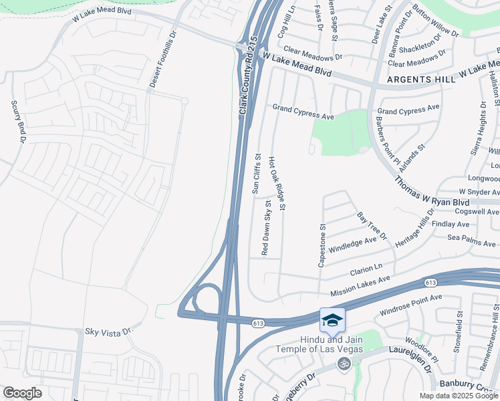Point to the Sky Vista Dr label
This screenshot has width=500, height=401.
110,331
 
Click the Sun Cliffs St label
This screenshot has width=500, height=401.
256,173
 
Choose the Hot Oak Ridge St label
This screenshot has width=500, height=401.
277,184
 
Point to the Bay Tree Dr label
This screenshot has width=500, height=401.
372,227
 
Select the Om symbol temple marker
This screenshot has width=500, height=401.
345,364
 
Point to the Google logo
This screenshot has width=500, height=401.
22,393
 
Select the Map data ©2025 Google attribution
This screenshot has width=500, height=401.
459,396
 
